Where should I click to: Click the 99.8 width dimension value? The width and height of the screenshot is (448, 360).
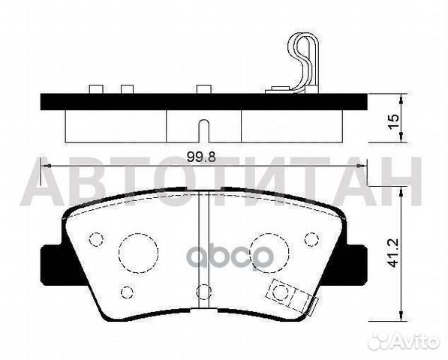tap(201, 157)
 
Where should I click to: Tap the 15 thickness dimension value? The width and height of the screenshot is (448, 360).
tap(394, 122)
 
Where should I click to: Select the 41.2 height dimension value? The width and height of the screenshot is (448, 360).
tap(394, 253)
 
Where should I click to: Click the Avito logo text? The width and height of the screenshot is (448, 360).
tap(415, 340)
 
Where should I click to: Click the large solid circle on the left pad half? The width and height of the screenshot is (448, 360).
tap(139, 253)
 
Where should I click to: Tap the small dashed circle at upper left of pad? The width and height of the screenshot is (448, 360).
tap(96, 239)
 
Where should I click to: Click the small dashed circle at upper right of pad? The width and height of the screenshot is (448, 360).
tap(311, 239)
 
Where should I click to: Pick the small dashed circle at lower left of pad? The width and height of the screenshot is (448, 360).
tap(127, 292)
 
